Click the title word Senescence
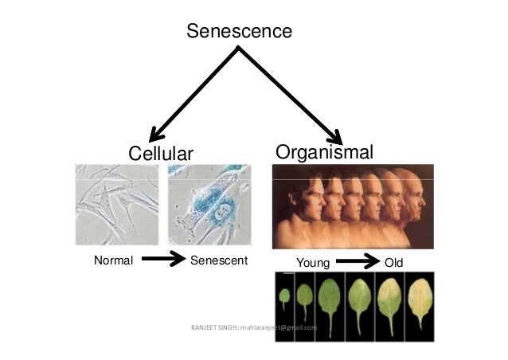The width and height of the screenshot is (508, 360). pyautogui.click(x=239, y=32)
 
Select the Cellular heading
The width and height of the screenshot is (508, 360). pyautogui.click(x=161, y=153)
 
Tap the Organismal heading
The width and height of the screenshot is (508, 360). pyautogui.click(x=324, y=151)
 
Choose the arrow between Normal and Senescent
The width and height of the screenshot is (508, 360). pyautogui.click(x=163, y=260)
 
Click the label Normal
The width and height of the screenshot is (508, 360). pyautogui.click(x=113, y=260)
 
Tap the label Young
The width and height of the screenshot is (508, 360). pyautogui.click(x=313, y=262)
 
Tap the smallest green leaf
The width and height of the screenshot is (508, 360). pyautogui.click(x=283, y=297)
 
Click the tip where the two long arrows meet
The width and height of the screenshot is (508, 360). pyautogui.click(x=238, y=49)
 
